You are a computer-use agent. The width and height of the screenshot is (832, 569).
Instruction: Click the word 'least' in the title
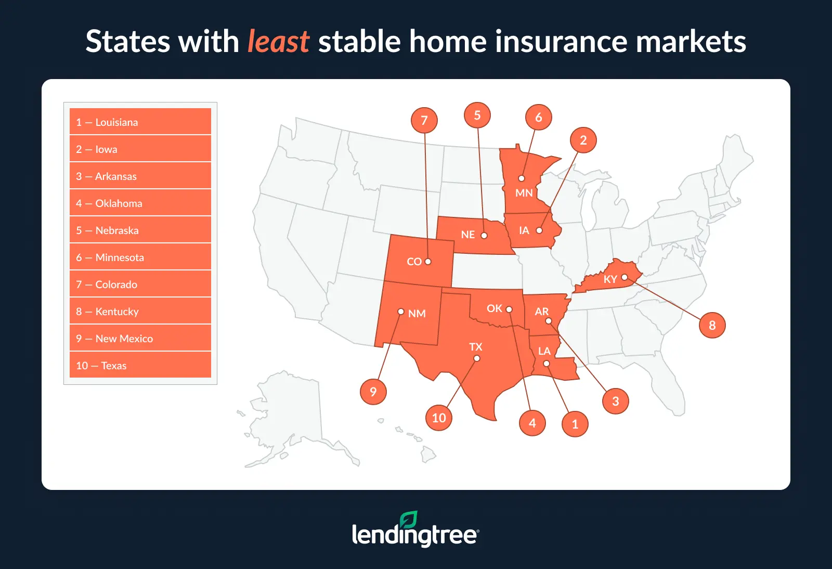[278, 41]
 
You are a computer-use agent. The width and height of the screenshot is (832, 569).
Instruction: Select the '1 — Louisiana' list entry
[140, 122]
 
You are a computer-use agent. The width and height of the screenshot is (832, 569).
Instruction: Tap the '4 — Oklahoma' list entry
[140, 203]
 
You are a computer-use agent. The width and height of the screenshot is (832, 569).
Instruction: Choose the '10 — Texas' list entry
[140, 365]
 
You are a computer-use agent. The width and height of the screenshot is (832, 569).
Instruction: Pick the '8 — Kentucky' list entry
[140, 311]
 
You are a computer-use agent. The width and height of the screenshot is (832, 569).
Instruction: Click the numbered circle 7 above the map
[424, 120]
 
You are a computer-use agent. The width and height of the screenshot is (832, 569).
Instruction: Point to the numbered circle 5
[477, 115]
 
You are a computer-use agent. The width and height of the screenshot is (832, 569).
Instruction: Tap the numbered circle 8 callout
[712, 325]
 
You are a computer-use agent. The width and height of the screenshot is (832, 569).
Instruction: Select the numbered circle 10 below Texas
[439, 418]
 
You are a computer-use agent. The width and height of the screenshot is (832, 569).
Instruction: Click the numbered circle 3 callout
[616, 401]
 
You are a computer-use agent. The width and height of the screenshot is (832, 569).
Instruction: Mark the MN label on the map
[524, 193]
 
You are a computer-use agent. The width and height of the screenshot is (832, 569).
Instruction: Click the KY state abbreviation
[610, 279]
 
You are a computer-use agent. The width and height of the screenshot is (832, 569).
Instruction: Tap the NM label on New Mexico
[417, 314]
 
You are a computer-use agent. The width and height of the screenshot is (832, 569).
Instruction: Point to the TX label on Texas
[475, 347]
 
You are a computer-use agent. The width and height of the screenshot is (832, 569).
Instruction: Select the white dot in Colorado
[428, 262]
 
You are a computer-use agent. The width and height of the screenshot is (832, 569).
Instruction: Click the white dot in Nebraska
[484, 236]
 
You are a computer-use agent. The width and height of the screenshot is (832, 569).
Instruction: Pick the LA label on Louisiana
[544, 351]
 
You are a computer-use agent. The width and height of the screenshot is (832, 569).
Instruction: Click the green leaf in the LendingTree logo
[408, 520]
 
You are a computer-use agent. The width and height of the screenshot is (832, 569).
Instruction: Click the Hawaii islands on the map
[416, 442]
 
